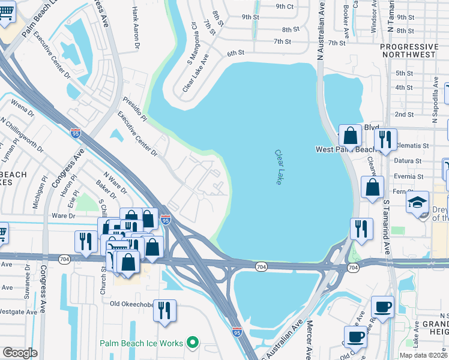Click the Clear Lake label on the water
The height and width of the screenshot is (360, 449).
[x=279, y=167]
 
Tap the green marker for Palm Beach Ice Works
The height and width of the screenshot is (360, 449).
[x=193, y=343]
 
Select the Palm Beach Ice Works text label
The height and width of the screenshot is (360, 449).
[x=142, y=344]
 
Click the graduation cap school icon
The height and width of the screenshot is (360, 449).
[x=417, y=203]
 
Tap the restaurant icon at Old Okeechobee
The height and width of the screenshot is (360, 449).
[x=164, y=311]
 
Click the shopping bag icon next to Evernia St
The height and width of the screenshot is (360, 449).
[x=373, y=187]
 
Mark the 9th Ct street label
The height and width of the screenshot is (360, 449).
[x=285, y=7]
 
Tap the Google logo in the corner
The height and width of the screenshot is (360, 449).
[x=20, y=353]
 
